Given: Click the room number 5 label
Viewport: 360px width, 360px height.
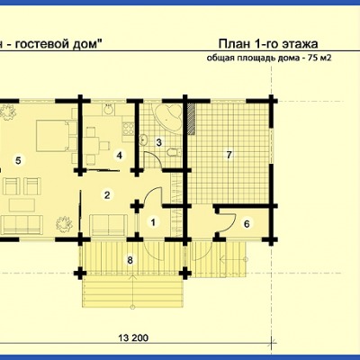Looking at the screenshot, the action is tap(18, 161).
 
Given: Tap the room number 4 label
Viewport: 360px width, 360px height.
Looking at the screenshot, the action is tap(120, 156).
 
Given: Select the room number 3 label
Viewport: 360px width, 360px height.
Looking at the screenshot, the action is tap(159, 142).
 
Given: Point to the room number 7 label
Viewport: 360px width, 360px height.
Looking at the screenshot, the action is tap(229, 155).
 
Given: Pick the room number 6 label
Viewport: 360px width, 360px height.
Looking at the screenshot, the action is tap(247, 224).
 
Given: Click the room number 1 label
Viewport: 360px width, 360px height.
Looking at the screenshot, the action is tap(153, 222).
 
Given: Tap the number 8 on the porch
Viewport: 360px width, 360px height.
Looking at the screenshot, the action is tap(130, 260).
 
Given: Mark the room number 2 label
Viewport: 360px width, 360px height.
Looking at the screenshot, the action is tap(107, 195).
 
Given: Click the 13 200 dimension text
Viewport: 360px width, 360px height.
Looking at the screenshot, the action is tap(133, 338).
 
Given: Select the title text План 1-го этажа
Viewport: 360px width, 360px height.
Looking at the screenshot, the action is tap(268, 44).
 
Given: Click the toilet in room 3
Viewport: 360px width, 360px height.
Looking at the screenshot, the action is tap(174, 152).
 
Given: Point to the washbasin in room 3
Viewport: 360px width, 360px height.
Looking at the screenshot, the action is tap(144, 139).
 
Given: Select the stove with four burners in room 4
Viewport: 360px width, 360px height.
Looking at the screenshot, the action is tap(128, 130).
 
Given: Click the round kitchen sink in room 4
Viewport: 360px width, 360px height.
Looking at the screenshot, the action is tap(109, 109).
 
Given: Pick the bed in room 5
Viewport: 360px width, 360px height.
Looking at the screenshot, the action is tap(52, 136).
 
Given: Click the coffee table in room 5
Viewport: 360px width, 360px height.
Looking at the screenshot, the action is tap(22, 205).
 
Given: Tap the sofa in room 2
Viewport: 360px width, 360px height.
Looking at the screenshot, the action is tap(109, 225).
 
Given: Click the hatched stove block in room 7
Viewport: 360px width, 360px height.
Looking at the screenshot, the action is tap(192, 117).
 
